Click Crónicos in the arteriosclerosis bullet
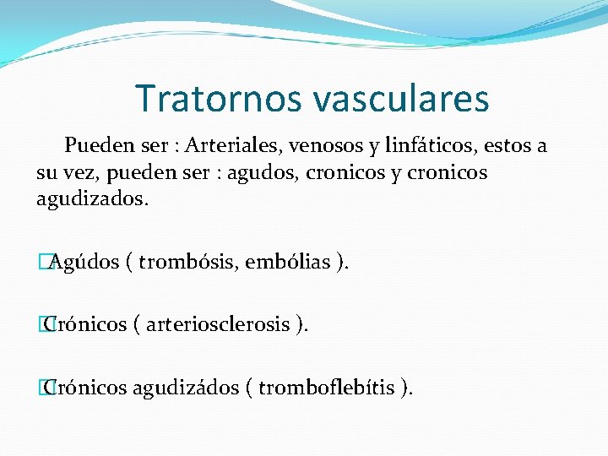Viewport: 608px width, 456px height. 85,324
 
